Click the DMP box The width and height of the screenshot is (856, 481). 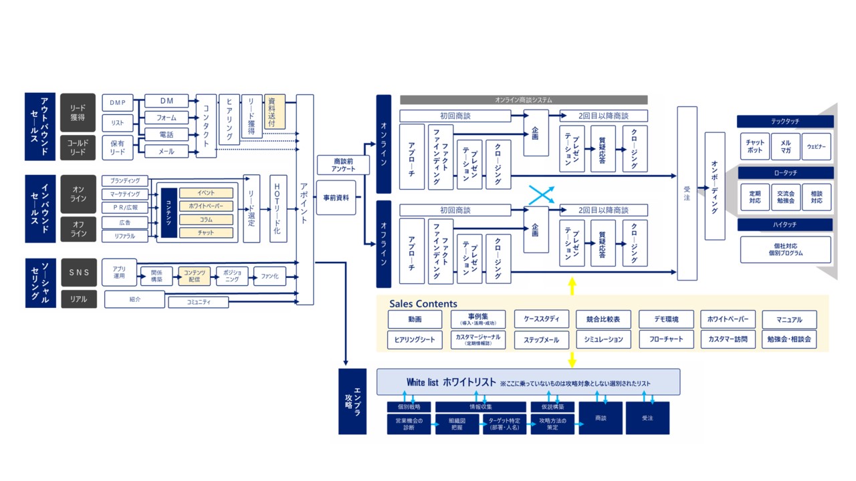click(118, 102)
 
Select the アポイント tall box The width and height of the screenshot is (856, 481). click(305, 200)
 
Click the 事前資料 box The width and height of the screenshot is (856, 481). click(336, 198)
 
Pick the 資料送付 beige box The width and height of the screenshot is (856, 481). click(275, 112)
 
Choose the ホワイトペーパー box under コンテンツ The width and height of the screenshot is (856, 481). click(206, 206)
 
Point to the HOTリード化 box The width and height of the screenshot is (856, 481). click(279, 208)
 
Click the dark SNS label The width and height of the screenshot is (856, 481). click(79, 273)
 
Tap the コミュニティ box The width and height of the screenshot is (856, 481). click(198, 303)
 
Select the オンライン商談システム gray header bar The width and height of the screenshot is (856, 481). click(524, 100)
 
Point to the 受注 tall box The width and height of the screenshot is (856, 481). click(687, 194)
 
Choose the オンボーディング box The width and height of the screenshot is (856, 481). click(715, 186)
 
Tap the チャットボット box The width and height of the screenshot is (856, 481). click(755, 146)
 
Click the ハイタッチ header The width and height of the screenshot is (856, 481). click(785, 225)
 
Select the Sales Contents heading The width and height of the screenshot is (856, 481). click(423, 304)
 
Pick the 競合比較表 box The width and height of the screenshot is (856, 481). click(603, 319)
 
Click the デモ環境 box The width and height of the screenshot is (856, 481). click(665, 319)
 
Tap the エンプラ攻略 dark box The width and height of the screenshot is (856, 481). click(352, 402)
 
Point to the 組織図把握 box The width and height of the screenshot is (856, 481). click(457, 424)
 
